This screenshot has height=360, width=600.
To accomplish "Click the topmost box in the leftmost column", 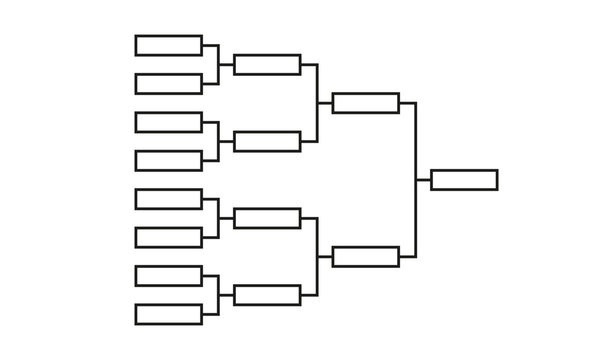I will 168,45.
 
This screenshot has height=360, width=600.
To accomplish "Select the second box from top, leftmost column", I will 168,83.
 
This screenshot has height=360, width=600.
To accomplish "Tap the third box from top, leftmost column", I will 168,122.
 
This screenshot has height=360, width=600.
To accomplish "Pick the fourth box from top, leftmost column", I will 168,160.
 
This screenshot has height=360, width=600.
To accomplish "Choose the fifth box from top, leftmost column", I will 168,199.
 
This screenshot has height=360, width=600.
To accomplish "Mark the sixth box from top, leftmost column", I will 168,237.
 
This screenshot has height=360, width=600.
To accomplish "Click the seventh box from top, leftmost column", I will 168,276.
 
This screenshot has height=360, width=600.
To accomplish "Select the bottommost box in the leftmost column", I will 168,314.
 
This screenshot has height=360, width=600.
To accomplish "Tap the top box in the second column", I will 267,64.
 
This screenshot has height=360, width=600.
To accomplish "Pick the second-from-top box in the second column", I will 267,141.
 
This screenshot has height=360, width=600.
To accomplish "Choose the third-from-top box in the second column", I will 267,218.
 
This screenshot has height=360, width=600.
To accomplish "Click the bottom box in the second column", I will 267,295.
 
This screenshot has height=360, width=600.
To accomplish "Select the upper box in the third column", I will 365,103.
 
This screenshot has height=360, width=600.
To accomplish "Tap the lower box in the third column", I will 365,256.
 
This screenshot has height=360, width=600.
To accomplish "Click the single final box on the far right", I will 464,180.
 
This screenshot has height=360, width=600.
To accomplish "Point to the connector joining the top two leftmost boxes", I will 218,64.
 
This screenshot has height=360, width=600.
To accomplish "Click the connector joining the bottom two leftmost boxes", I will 218,295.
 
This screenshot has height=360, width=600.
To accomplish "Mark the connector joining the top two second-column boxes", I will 317,103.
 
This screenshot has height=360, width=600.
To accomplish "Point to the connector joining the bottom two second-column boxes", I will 317,256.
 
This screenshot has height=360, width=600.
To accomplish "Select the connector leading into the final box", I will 416,180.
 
